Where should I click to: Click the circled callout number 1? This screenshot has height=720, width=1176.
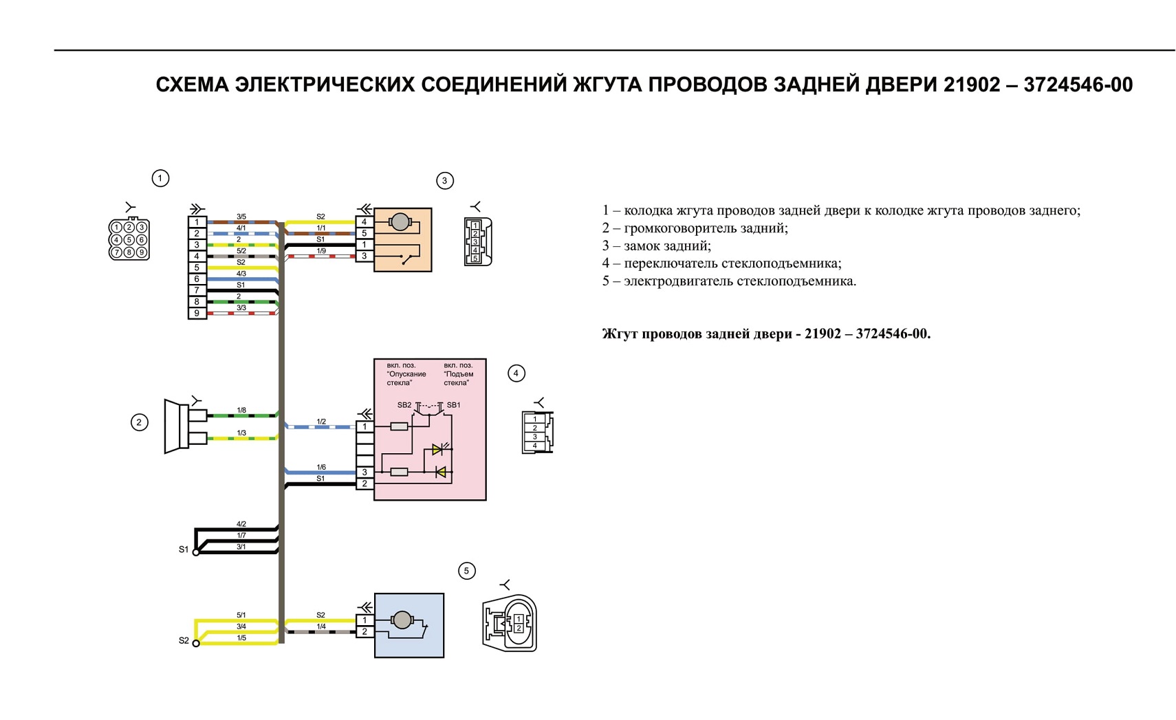(x=160, y=178)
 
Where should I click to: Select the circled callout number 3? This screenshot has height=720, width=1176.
(x=445, y=181)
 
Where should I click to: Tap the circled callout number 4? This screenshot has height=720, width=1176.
(x=516, y=373)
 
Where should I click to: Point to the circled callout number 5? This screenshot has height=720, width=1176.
(x=467, y=571)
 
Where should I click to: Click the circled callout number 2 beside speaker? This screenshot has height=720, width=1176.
(x=139, y=422)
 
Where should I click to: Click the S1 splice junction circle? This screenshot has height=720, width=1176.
(x=196, y=553)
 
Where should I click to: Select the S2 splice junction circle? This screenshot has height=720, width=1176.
(x=196, y=644)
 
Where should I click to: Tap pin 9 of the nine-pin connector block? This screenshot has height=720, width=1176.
(x=197, y=314)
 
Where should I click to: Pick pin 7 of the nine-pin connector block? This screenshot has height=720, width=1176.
(x=197, y=291)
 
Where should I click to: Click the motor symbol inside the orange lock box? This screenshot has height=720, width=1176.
(x=400, y=222)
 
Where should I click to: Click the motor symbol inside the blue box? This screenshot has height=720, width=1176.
(x=402, y=620)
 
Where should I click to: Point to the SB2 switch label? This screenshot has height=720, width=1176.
(x=404, y=405)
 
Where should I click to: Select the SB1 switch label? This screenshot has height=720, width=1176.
(x=453, y=405)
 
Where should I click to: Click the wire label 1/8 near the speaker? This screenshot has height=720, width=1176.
(x=241, y=411)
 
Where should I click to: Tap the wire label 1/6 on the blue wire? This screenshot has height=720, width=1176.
(x=321, y=467)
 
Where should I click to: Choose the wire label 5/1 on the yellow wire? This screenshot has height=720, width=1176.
(x=241, y=615)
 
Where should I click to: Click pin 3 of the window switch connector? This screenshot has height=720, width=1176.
(x=364, y=472)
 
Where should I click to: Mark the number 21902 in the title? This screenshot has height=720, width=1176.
(x=972, y=85)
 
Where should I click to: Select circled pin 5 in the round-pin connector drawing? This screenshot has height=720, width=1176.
(x=129, y=240)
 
